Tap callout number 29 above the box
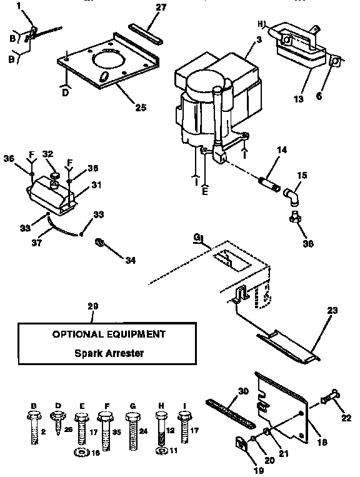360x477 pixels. point(93,306)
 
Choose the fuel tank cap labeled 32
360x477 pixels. point(54,176)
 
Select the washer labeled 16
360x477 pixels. point(80,452)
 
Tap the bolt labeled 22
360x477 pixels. point(329,395)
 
